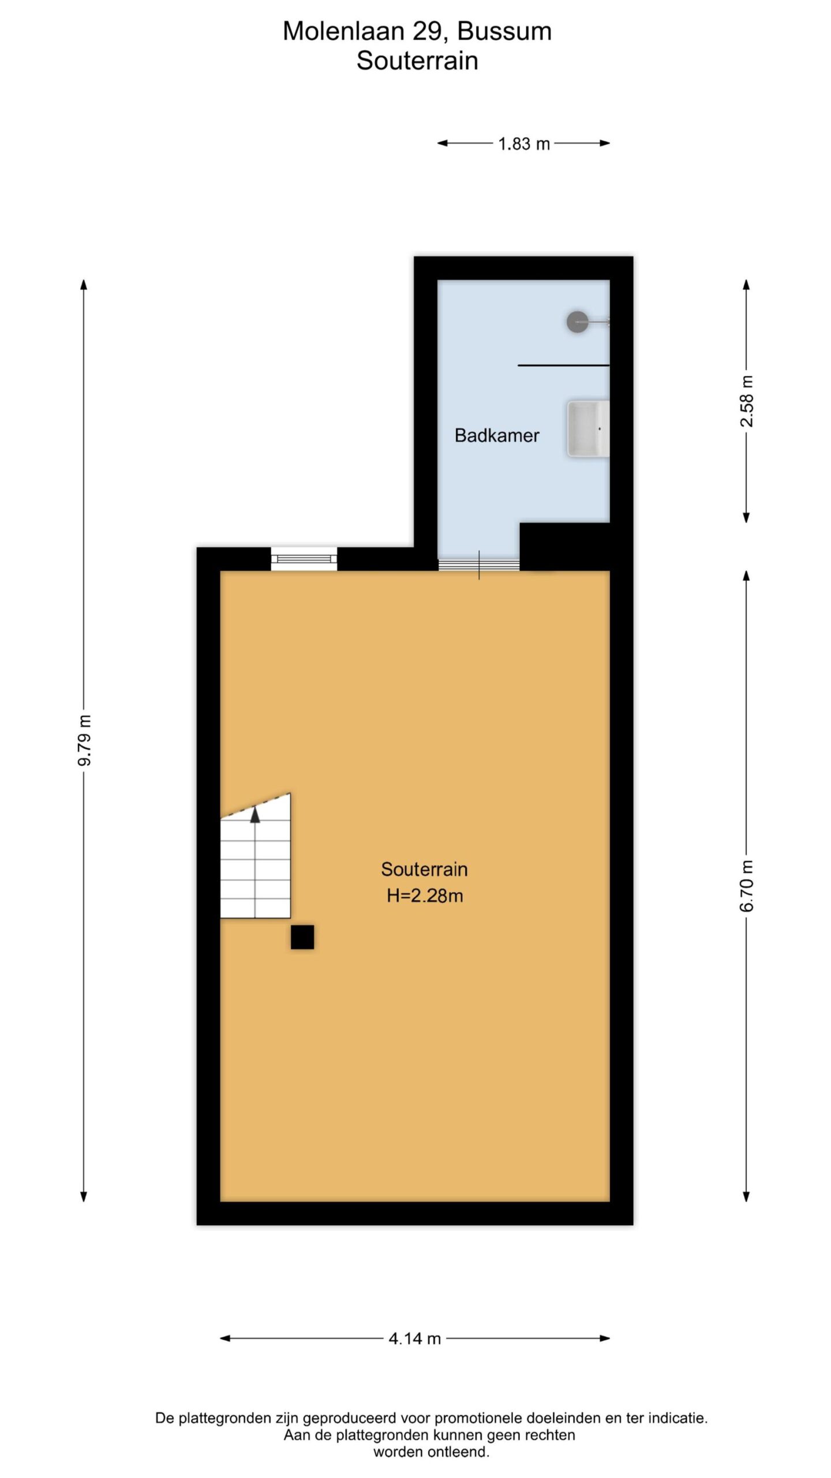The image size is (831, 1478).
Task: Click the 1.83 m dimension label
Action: tap(524, 144)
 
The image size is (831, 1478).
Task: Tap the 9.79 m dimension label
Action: tap(85, 740)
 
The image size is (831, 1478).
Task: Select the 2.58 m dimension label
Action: tap(747, 401)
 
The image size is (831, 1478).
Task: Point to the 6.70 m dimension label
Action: tap(747, 886)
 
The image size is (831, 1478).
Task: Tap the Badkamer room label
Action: tap(497, 435)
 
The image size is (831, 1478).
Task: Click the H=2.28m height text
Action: tap(425, 895)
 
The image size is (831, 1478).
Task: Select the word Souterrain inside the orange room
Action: tap(424, 869)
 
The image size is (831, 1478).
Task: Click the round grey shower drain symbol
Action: tap(577, 322)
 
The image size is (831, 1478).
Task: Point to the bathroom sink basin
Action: tap(588, 428)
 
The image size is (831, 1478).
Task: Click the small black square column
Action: tap(302, 936)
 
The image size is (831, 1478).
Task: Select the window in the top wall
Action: tap(304, 558)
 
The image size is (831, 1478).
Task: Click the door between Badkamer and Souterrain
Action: tap(479, 565)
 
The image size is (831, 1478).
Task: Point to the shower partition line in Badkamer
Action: tap(564, 365)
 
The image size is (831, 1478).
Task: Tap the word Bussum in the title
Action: tap(504, 31)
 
